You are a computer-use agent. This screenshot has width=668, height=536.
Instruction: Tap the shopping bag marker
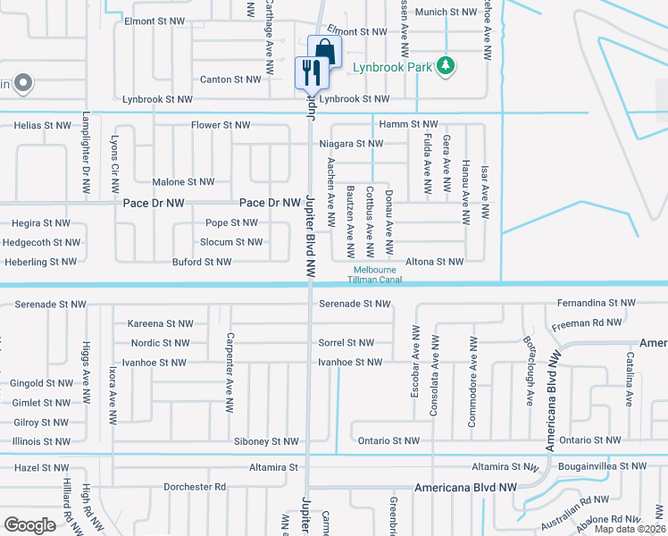(x=323, y=52)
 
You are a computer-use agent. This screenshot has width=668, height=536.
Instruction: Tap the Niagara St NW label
(x=351, y=144)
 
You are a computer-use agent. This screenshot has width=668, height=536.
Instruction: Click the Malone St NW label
(x=183, y=182)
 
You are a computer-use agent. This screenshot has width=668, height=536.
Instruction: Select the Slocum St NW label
(x=230, y=242)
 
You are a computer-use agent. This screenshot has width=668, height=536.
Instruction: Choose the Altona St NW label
(x=435, y=262)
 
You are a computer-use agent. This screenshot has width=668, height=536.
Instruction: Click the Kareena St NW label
(x=161, y=323)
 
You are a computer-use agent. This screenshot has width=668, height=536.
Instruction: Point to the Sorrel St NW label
(x=346, y=343)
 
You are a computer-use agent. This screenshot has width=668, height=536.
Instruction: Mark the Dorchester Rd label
(x=195, y=487)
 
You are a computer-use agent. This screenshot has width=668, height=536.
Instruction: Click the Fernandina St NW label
(x=596, y=304)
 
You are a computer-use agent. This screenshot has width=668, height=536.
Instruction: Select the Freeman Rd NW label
(x=586, y=322)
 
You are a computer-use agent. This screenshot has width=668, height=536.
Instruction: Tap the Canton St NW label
(x=231, y=80)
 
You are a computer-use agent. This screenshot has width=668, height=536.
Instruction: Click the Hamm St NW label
(x=408, y=124)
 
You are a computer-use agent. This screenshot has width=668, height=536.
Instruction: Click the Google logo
(x=30, y=524)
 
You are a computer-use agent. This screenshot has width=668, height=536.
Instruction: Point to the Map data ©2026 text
(x=630, y=529)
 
